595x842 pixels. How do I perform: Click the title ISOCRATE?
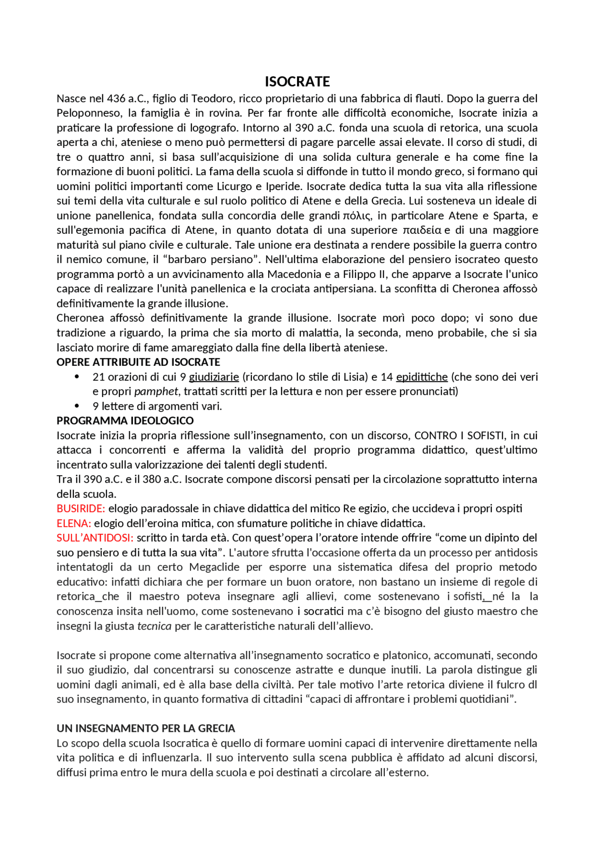pos(297,82)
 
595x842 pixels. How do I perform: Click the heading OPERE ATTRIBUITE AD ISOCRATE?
pos(138,362)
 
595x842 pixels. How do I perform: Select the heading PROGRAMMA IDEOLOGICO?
pos(125,421)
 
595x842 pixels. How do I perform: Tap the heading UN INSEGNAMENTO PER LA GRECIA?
pos(145,728)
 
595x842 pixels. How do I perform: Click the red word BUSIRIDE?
pos(81,509)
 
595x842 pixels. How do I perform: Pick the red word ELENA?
pos(73,524)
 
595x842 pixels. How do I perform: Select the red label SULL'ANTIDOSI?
pos(95,538)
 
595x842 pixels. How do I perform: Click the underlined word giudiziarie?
pos(214,377)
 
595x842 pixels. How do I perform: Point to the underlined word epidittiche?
pos(422,377)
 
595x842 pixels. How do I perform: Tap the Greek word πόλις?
pos(357,216)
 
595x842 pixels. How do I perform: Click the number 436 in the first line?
pos(116,99)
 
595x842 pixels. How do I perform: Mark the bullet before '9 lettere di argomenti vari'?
pos(77,406)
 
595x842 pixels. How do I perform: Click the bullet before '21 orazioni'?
pos(77,377)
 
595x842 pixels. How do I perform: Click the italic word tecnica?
pos(154,626)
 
